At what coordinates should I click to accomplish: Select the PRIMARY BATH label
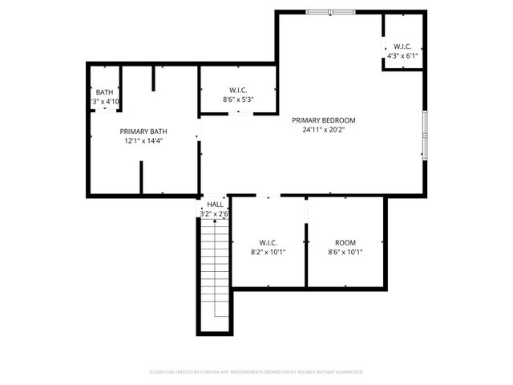(143, 132)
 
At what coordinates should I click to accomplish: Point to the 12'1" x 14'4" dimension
(143, 140)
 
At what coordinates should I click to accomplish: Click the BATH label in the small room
(105, 92)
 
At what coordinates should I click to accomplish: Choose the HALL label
(215, 205)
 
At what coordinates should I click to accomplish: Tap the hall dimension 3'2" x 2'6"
(215, 214)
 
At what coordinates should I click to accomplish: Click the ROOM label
(345, 242)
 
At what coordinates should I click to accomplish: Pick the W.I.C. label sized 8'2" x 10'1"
(268, 242)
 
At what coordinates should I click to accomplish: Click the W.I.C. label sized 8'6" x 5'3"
(238, 90)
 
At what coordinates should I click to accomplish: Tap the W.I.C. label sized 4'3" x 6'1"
(402, 47)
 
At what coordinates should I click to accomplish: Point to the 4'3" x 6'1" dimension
(402, 56)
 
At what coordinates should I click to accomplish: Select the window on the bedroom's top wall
(331, 12)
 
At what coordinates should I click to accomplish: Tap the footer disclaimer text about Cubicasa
(256, 372)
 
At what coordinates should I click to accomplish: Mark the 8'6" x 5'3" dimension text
(238, 99)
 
